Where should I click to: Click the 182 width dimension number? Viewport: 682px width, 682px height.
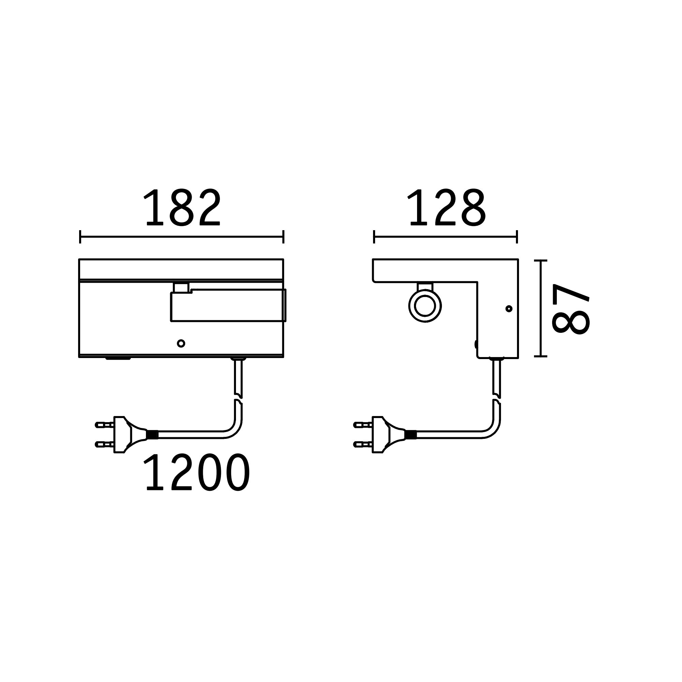click(182, 208)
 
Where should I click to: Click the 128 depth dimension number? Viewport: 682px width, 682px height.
click(447, 208)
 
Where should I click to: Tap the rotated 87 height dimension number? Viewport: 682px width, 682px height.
click(570, 309)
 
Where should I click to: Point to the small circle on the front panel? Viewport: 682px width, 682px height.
click(181, 343)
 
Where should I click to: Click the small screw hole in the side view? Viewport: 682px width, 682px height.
click(509, 309)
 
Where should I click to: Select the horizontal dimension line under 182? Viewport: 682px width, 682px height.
click(182, 237)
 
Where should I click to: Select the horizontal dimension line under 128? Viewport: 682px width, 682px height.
click(445, 237)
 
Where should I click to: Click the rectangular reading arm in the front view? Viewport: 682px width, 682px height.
click(228, 306)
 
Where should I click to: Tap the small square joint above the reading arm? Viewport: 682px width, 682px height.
click(181, 287)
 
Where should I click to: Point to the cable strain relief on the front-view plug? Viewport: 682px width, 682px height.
click(152, 434)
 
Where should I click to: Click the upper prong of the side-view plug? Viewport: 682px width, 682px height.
click(362, 425)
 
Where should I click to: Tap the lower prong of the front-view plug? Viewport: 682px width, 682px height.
click(104, 444)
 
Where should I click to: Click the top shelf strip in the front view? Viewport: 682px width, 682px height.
click(181, 269)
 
